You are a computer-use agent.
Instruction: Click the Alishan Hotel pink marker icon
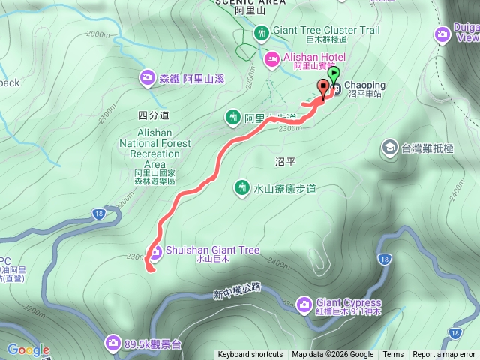pyautogui.click(x=271, y=58)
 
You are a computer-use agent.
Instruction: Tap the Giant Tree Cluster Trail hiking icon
pyautogui.click(x=261, y=32)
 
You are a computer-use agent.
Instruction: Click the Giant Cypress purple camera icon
pyautogui.click(x=304, y=304)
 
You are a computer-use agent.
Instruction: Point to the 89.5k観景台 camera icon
pyautogui.click(x=112, y=343)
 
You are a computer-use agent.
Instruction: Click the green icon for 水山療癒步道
pyautogui.click(x=241, y=187)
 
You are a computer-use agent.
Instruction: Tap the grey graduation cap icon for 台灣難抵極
pyautogui.click(x=389, y=147)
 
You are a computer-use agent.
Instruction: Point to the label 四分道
pyautogui.click(x=154, y=115)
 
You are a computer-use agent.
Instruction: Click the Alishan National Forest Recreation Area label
pyautogui.click(x=154, y=154)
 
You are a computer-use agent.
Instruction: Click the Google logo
pyautogui.click(x=28, y=349)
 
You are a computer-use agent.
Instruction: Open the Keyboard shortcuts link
pyautogui.click(x=250, y=355)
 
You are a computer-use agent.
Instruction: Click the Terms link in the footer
pyautogui.click(x=393, y=355)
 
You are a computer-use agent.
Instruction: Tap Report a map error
pyautogui.click(x=444, y=355)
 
